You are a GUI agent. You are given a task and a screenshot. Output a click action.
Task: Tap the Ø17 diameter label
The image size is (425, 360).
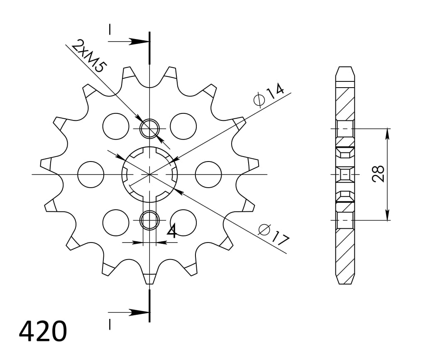click(x=273, y=235)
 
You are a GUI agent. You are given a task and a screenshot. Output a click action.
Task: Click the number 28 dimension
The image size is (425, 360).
click(x=378, y=174)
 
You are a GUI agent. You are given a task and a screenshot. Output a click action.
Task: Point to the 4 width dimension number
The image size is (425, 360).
click(x=171, y=232)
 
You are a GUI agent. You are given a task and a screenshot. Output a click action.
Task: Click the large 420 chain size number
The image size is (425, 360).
click(x=42, y=331)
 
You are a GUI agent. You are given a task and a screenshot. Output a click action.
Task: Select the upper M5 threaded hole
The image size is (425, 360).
click(x=149, y=129)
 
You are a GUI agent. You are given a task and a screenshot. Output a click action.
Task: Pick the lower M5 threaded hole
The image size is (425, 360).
click(x=149, y=220)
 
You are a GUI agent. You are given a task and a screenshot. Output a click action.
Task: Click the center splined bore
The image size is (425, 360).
click(x=149, y=174)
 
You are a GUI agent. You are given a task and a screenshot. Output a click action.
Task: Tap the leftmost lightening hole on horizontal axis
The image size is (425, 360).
click(x=90, y=174)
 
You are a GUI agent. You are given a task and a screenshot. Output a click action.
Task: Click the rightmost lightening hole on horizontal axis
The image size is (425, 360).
click(x=208, y=174)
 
